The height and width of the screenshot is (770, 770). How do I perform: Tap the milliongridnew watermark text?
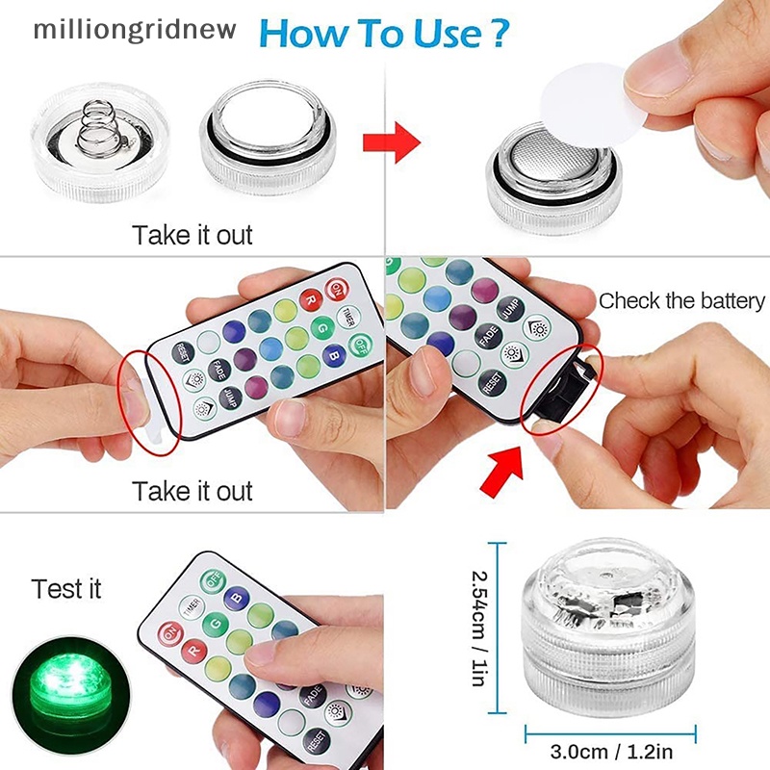[x=134, y=28]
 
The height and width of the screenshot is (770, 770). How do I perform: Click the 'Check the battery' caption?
[x=681, y=300]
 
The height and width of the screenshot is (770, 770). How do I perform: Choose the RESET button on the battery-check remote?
[x=492, y=382]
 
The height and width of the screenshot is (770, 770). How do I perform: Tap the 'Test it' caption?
[x=65, y=588]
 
